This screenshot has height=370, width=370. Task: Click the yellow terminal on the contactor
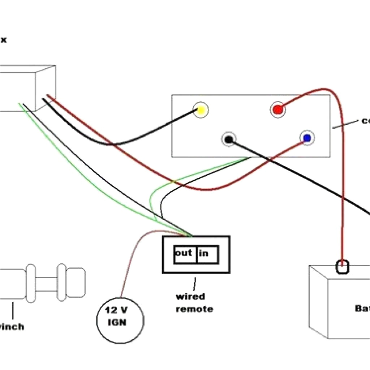[x=201, y=110]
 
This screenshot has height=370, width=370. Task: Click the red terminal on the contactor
[x=277, y=109]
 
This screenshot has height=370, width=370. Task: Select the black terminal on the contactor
[x=229, y=139]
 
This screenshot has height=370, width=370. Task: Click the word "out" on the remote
[x=184, y=253]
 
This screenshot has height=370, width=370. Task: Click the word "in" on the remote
[x=203, y=254]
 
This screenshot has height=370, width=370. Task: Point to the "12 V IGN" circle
[x=120, y=319]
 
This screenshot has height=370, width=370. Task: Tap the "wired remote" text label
[x=194, y=303]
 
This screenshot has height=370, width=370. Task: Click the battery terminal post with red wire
[x=343, y=267]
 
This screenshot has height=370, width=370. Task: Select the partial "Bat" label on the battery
[x=362, y=308]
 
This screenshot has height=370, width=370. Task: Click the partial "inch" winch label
[x=12, y=327]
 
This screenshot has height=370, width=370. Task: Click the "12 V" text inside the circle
[x=116, y=310]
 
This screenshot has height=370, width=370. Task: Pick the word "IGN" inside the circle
[x=117, y=322]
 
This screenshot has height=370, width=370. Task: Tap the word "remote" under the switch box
[x=194, y=309]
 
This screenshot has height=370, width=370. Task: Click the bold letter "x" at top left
[x=3, y=40]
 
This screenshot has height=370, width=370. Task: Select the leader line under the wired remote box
[x=195, y=282]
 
